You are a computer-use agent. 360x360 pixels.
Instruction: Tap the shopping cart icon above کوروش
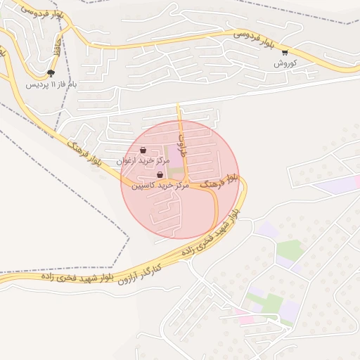[285, 52]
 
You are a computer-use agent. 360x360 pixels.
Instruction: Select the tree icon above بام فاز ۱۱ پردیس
[50, 73]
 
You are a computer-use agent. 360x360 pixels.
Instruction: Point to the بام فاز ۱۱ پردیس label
[51, 84]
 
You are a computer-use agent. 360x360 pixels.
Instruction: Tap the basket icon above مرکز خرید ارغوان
[143, 150]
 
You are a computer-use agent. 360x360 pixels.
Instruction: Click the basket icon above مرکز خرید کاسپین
[160, 175]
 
